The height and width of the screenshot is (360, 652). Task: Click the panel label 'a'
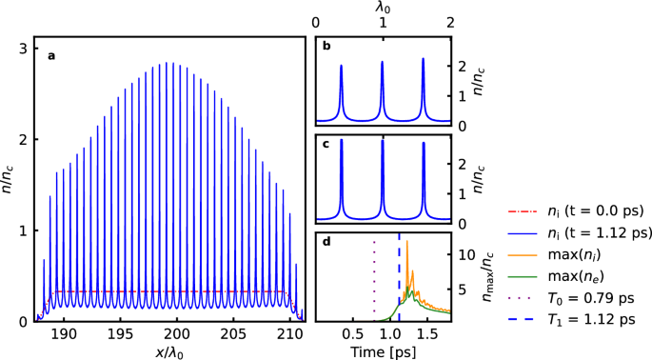coord(51,55)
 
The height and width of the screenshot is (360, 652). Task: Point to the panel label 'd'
coord(326,242)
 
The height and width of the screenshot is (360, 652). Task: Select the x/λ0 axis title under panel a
coord(169,352)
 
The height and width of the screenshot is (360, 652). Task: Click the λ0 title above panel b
coord(383,8)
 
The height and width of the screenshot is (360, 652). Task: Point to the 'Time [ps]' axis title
coord(383,352)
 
